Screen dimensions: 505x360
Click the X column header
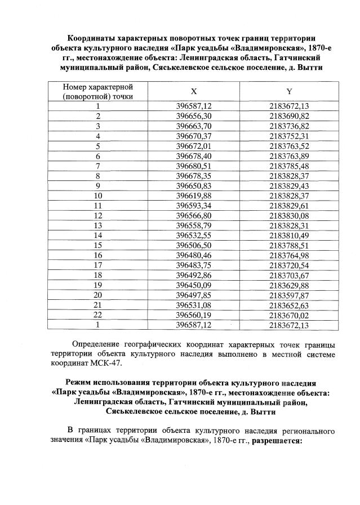[194, 91]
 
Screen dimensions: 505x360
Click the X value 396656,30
[194, 116]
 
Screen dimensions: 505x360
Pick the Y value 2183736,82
[290, 125]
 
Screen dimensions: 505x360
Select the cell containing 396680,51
[194, 165]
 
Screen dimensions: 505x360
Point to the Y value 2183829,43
[290, 185]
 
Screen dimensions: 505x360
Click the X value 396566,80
[194, 215]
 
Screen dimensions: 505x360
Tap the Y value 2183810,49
[290, 234]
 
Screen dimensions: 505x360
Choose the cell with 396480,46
[194, 254]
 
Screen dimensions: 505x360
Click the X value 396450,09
[194, 284]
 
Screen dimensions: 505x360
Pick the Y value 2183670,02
[290, 314]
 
